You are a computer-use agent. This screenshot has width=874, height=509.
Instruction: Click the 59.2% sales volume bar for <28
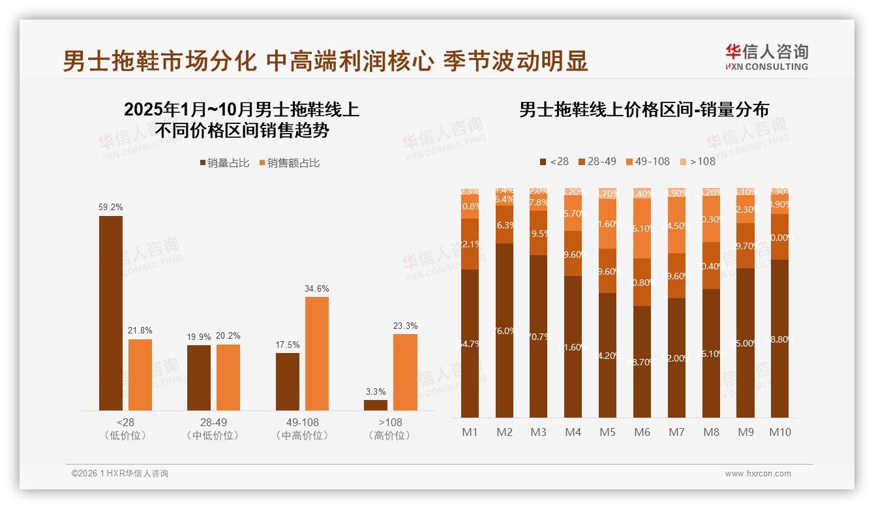[111, 313]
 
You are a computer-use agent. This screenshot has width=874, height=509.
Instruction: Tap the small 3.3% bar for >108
[376, 405]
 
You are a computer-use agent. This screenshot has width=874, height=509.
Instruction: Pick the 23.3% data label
[405, 326]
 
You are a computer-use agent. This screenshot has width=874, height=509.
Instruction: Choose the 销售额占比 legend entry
[289, 162]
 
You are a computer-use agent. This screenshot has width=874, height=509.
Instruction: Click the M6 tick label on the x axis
[642, 432]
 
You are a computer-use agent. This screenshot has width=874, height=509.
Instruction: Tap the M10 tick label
[779, 432]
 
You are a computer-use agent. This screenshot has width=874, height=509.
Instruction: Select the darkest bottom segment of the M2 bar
[504, 331]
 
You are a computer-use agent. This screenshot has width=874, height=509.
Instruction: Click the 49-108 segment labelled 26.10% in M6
[642, 228]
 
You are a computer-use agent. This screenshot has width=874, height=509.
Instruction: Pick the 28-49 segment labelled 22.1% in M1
[470, 244]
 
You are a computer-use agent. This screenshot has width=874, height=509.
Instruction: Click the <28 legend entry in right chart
[554, 161]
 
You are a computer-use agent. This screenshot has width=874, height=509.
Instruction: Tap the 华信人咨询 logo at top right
[766, 57]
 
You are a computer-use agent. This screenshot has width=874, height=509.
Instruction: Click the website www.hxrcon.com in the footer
[757, 474]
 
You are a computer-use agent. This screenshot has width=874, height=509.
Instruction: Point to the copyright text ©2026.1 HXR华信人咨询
[119, 474]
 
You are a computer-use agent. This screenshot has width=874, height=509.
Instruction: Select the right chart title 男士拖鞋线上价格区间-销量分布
[644, 109]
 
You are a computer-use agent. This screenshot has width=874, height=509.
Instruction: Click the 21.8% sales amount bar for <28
[140, 375]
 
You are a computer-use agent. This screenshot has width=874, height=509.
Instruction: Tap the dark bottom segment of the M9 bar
[746, 343]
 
